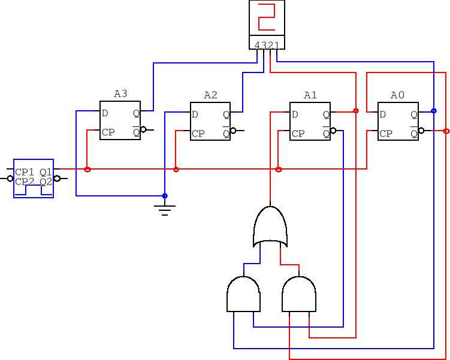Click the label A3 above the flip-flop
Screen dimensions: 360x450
tap(120, 94)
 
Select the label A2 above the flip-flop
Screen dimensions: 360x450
tap(211, 95)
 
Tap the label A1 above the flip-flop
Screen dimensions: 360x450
tap(310, 95)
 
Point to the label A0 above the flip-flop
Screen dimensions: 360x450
tap(397, 95)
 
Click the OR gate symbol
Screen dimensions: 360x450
tap(270, 227)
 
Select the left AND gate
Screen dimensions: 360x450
tap(243, 294)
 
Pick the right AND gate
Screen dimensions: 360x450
tap(298, 294)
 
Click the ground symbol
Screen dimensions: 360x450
tap(165, 209)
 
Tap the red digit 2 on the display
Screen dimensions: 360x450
tap(267, 17)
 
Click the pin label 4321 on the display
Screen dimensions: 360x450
tap(267, 45)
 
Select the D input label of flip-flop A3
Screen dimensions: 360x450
tap(105, 113)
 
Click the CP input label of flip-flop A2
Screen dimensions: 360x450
tap(198, 134)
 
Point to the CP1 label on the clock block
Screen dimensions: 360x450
tap(25, 173)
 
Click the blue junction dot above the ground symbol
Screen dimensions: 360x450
tap(165, 196)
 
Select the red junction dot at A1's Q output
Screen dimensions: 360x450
tap(356, 111)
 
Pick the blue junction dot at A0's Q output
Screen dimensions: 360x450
tap(434, 111)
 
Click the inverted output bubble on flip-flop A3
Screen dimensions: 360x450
tap(143, 129)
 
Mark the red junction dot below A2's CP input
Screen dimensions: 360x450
tap(176, 170)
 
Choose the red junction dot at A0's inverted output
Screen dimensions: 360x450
tap(446, 131)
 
